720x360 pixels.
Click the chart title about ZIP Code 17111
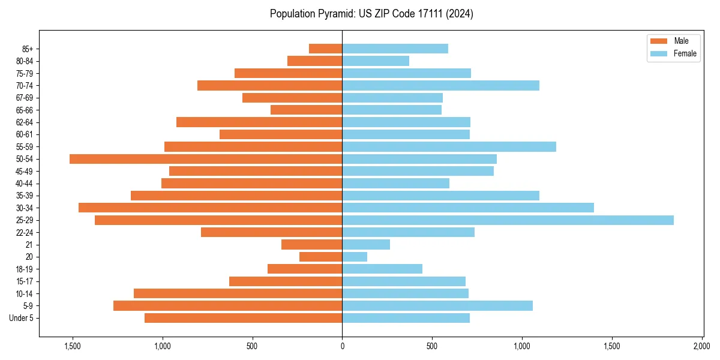371,14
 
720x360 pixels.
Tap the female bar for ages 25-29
508,220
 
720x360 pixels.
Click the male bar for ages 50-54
206,159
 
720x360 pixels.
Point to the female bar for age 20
355,257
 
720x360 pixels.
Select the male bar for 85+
325,49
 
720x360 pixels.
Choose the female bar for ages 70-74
440,85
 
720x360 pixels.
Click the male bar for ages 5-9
227,306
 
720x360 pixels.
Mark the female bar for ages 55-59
449,146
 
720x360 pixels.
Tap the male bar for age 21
311,245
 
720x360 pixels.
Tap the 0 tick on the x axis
342,346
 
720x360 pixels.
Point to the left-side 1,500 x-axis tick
72,346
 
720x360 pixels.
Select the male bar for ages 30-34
210,208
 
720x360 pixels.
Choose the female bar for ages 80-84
376,61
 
